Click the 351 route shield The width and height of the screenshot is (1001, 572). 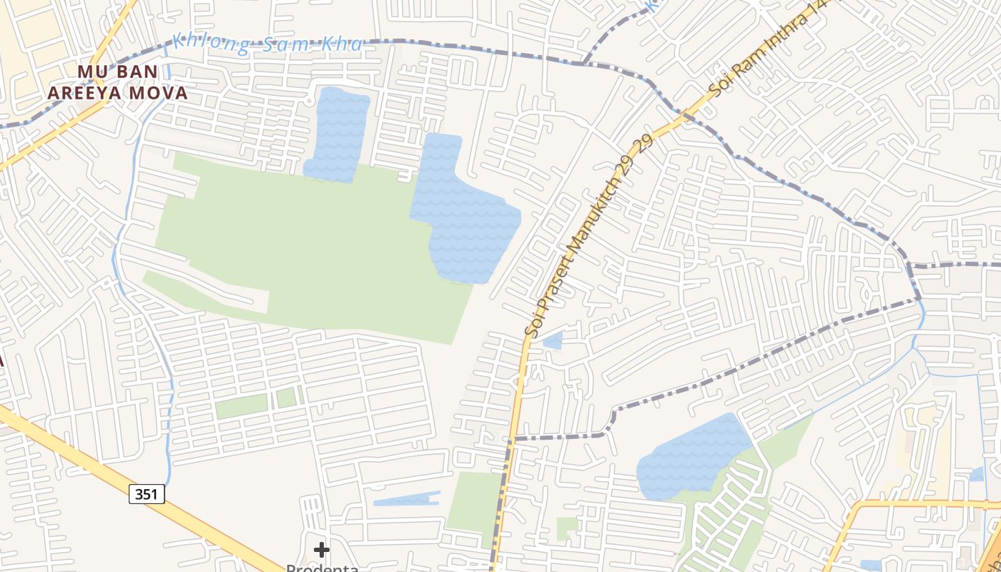147,493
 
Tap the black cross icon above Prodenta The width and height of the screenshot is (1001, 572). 322,549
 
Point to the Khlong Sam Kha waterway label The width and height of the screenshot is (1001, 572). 267,44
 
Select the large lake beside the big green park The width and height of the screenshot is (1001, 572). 465,214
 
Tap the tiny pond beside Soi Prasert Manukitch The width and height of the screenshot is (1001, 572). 553,340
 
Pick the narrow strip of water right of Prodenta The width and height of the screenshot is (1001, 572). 406,499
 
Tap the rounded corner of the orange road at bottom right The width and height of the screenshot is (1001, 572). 857,509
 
